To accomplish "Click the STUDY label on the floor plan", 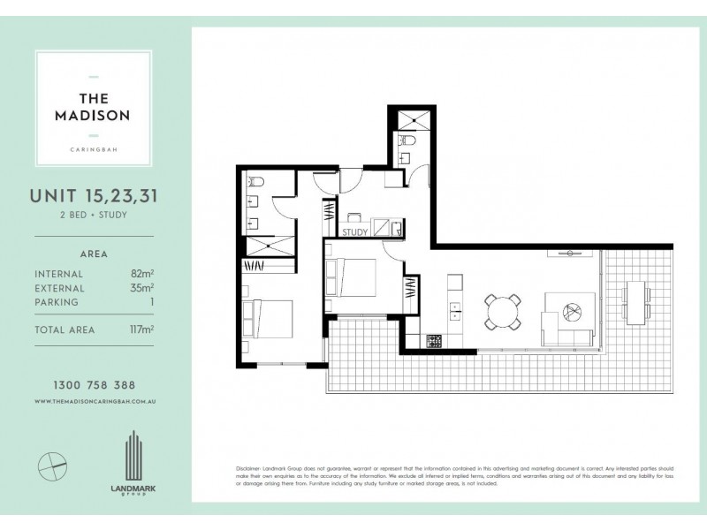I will tap(354, 233).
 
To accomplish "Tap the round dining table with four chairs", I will tap(500, 311).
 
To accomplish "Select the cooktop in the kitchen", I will tap(434, 340).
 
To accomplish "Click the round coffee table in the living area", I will tap(569, 310).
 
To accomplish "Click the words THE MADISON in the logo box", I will tap(94, 106).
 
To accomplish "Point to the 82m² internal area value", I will tap(141, 274).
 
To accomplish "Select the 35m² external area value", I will tap(141, 288).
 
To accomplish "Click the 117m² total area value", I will tap(140, 329).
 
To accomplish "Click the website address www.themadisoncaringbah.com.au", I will tap(94, 401).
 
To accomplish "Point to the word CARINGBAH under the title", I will tap(94, 148).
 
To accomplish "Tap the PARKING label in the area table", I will tap(57, 302).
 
